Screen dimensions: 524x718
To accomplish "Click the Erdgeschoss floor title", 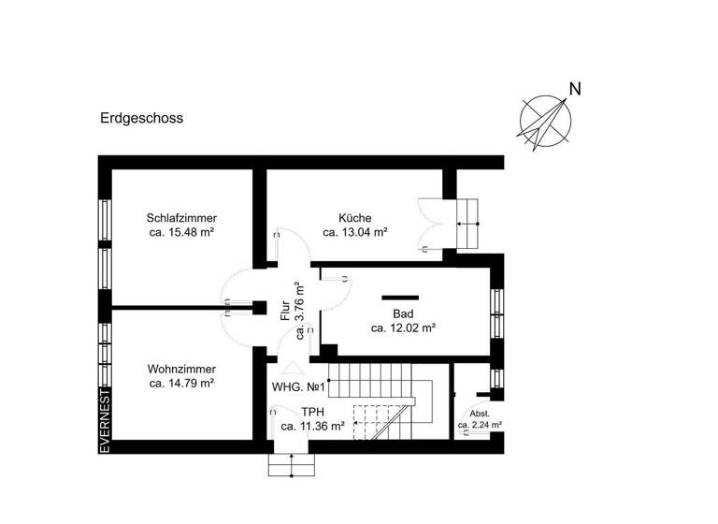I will tap(142, 119).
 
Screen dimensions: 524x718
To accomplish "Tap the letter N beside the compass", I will tap(576, 90).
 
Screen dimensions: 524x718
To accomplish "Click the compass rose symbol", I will tap(546, 122).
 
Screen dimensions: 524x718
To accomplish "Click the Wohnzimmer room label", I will tap(182, 369).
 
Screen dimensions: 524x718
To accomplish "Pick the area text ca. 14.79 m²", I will tap(182, 383).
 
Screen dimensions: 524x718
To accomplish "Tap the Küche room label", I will tap(355, 217).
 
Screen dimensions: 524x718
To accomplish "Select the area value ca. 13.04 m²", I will tap(355, 232).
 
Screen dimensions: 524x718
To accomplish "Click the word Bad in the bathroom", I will tap(404, 313).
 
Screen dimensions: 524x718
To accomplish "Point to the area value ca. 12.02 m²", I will tap(404, 328).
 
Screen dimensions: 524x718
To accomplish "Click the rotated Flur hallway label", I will tap(286, 311).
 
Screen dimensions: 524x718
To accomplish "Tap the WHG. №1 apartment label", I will tap(297, 386).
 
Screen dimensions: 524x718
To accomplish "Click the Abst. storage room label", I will tap(480, 413).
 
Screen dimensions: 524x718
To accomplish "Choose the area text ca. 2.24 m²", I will tap(480, 425).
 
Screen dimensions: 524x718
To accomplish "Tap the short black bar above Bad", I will tap(400, 298).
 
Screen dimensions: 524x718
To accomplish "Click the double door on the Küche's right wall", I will tap(432, 225).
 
